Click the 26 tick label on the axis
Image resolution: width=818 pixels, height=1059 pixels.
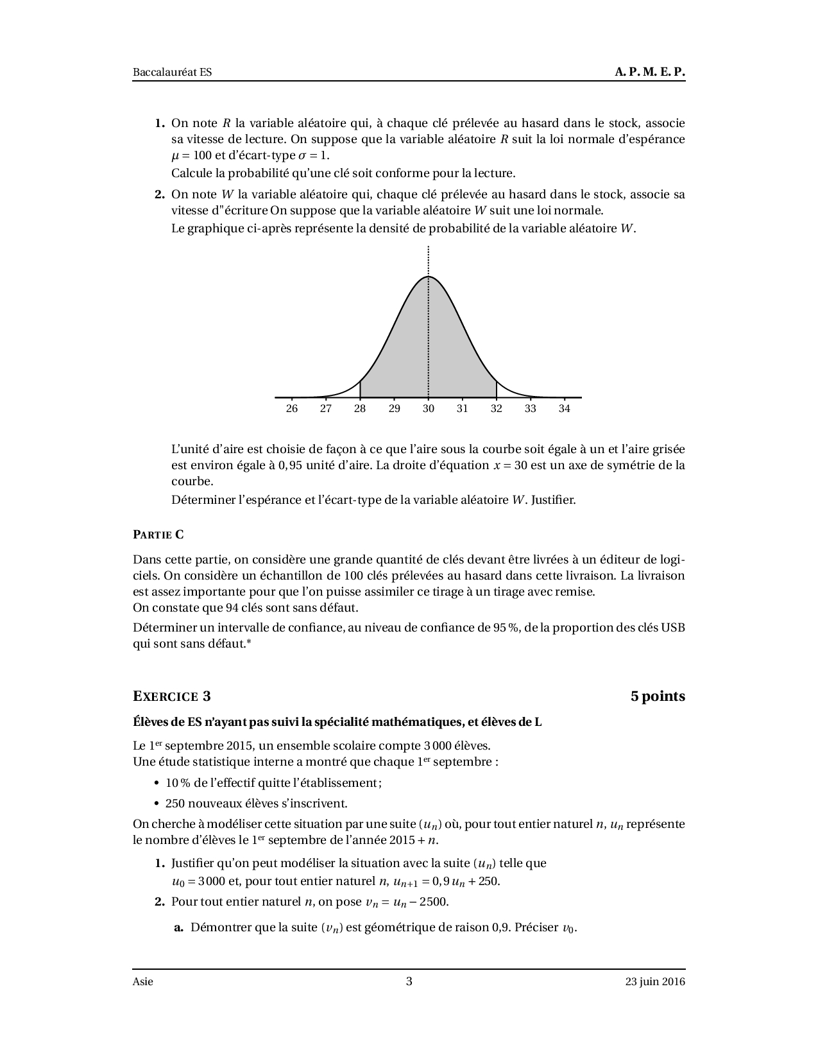[292, 409]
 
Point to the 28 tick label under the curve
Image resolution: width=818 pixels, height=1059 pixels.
[360, 409]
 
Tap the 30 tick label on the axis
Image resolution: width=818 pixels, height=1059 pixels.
[428, 409]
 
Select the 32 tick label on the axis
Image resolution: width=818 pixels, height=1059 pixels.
[496, 409]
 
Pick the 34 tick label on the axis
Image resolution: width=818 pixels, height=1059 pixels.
[564, 409]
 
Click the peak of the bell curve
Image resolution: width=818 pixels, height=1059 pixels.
[428, 277]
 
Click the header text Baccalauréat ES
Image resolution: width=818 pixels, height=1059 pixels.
[172, 73]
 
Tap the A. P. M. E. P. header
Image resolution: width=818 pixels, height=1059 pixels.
[649, 73]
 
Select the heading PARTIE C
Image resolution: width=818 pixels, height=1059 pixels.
[158, 534]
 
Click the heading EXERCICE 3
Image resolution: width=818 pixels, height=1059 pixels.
[171, 696]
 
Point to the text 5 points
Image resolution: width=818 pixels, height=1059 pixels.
[658, 696]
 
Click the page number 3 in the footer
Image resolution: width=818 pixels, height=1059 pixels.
[409, 981]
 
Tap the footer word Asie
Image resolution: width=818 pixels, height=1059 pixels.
[143, 981]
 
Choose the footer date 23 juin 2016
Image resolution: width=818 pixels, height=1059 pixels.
[656, 981]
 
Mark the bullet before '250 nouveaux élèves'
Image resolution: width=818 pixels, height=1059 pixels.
[157, 804]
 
